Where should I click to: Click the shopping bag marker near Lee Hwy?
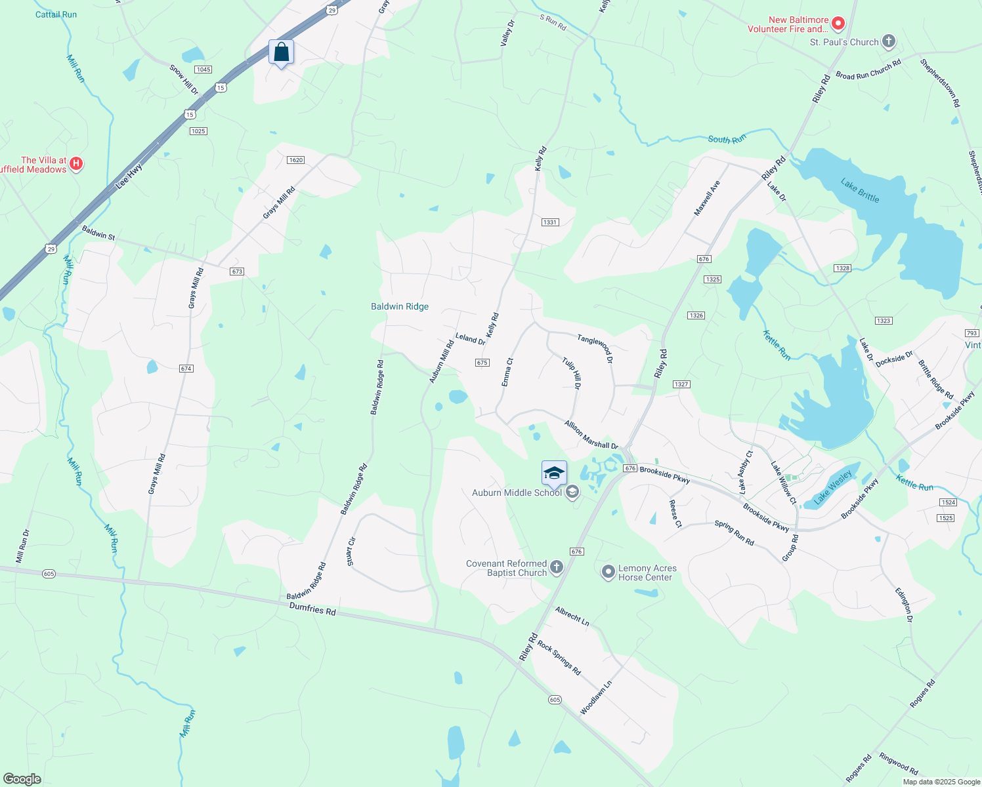click(281, 52)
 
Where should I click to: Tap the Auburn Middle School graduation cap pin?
click(554, 473)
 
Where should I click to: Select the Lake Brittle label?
click(860, 191)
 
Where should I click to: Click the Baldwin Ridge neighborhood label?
click(400, 306)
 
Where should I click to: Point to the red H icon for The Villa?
click(76, 163)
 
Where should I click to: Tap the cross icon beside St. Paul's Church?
click(888, 42)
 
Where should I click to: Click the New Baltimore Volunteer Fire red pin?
click(838, 24)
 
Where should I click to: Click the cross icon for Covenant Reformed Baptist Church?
click(557, 567)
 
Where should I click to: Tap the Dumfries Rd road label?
click(312, 610)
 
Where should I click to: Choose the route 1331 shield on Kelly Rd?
click(550, 222)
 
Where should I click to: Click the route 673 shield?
click(237, 272)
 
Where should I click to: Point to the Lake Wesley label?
click(833, 487)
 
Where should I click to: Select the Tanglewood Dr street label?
click(595, 348)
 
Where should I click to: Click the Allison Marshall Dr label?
click(591, 435)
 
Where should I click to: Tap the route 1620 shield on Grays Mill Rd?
click(296, 160)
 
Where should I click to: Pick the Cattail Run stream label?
click(56, 14)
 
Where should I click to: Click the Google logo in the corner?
click(22, 779)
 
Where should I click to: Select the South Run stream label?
click(727, 139)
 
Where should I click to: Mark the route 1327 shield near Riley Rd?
click(681, 384)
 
